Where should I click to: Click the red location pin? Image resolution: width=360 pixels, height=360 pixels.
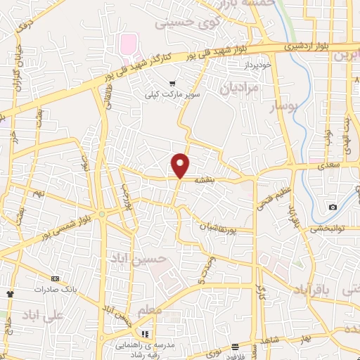click(x=181, y=165)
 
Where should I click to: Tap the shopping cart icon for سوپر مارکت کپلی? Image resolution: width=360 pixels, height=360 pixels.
click(x=172, y=83)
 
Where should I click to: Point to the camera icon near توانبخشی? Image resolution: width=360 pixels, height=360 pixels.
click(x=333, y=207)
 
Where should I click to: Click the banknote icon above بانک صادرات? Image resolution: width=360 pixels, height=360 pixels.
click(x=56, y=278)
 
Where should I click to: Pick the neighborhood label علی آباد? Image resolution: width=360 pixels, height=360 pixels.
click(x=43, y=314)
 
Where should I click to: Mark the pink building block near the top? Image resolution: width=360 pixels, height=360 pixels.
click(x=129, y=44)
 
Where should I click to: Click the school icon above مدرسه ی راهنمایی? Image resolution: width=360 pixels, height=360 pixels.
click(x=146, y=334)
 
